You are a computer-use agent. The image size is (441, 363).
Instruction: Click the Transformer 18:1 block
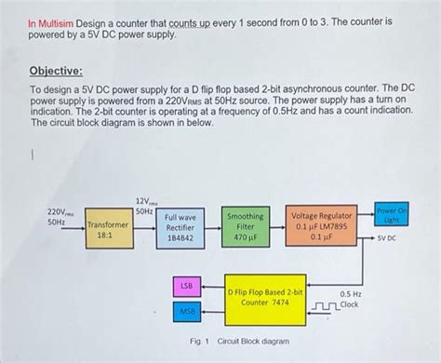coord(109,231)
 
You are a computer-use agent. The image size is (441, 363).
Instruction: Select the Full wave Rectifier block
coord(180,226)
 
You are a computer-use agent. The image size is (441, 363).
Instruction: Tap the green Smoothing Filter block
coord(246,226)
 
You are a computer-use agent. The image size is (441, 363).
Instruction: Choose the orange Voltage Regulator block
coord(322,226)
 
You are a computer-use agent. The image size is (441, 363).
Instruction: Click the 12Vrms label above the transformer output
coord(146,202)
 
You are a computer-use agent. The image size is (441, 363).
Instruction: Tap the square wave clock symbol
coord(327,305)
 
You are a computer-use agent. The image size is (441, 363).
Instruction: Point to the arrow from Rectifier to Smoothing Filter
coord(212,226)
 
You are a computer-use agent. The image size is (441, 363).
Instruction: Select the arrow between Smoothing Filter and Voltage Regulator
coord(280,226)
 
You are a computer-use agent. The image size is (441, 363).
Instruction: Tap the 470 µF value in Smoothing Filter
coord(246,238)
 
